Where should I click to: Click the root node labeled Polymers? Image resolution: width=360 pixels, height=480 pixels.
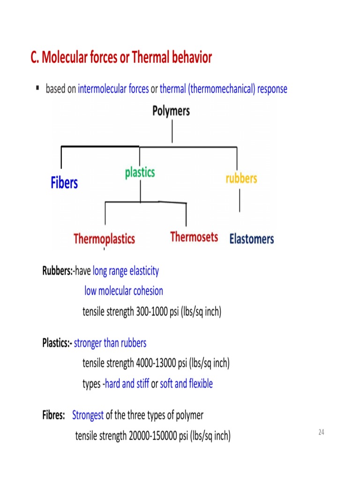[x=171, y=111]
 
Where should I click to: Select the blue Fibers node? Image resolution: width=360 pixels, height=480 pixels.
[x=64, y=183]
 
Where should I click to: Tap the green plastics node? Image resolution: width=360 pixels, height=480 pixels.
[x=140, y=172]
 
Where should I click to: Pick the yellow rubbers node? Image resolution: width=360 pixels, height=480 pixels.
[x=241, y=178]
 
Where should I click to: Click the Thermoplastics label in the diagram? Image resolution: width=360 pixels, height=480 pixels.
[x=104, y=239]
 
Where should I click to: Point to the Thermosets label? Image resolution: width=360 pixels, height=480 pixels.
[x=194, y=237]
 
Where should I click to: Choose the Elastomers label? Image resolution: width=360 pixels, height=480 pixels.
[x=251, y=239]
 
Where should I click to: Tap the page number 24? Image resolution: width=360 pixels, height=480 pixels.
[x=321, y=432]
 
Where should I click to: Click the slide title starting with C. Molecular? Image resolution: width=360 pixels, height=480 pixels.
[x=121, y=58]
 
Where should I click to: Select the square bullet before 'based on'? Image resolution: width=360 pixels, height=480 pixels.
[x=37, y=88]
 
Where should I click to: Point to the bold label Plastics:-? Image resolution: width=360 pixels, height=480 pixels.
[x=57, y=343]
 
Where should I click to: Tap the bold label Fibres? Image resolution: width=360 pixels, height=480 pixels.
[x=53, y=415]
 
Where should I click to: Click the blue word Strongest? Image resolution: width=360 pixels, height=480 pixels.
[x=88, y=415]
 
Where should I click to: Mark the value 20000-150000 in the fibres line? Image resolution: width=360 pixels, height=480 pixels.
[x=153, y=436]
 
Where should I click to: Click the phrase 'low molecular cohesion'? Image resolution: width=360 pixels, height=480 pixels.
[x=124, y=291]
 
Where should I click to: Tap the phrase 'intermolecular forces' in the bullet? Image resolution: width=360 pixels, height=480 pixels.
[x=113, y=89]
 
